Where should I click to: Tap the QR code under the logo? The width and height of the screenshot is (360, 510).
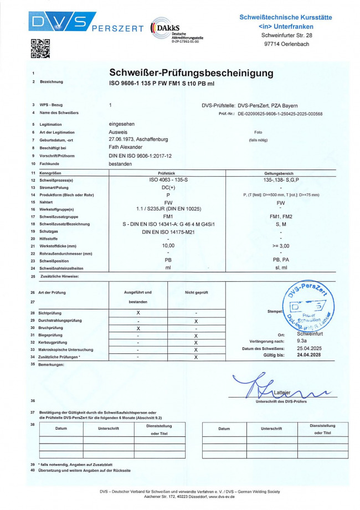[40, 49]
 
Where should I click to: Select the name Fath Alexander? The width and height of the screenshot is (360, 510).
[126, 147]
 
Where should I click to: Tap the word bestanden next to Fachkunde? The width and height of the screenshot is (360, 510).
[121, 164]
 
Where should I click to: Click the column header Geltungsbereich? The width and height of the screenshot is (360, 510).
[282, 173]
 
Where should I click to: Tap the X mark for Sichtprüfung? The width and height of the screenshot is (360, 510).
[138, 313]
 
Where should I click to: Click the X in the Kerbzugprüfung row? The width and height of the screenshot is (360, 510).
[196, 343]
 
